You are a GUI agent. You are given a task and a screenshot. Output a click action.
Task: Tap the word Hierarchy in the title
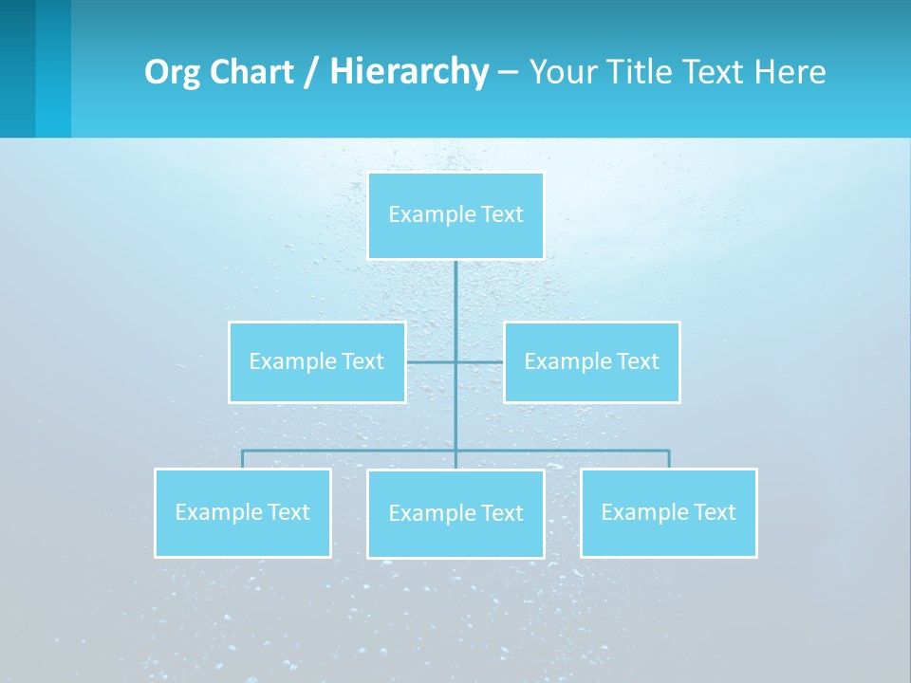point(409,72)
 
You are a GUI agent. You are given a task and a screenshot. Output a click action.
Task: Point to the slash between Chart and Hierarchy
point(312,72)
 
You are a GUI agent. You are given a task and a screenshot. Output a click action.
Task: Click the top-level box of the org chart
point(455,215)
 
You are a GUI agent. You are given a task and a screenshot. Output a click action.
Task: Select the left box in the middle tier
point(317,361)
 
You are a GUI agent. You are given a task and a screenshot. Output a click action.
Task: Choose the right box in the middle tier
point(592,361)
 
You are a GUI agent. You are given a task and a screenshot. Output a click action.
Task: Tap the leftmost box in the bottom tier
point(243,512)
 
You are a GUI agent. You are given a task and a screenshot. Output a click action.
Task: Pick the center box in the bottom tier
point(455,513)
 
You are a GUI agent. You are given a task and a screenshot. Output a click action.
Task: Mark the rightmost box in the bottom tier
point(669,512)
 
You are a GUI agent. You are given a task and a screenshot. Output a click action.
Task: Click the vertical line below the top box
point(455,304)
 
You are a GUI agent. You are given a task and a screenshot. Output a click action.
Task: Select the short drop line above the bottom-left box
point(243,459)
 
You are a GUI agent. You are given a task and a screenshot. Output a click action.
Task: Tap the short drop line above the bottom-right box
point(669,459)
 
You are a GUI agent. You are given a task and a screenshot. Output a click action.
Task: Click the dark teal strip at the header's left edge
point(17,68)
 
